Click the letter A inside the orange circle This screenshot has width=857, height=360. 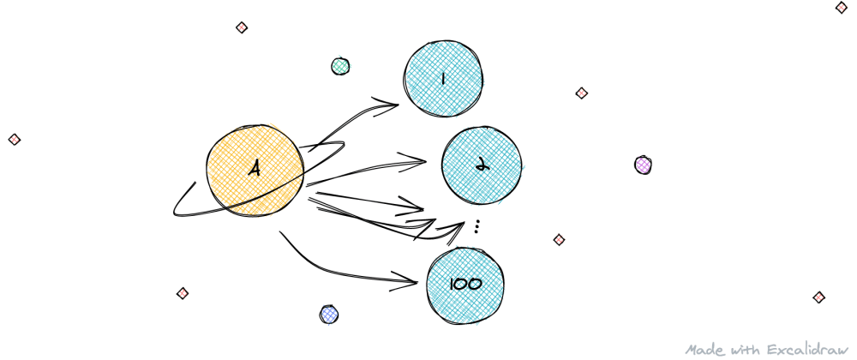tap(255, 169)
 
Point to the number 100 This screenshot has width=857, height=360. tap(464, 284)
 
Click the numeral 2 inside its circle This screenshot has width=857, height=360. tap(482, 165)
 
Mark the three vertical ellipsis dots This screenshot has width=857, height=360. tap(476, 227)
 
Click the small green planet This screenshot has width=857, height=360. tap(340, 66)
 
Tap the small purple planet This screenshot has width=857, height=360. tap(643, 165)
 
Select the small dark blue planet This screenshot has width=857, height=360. tap(328, 315)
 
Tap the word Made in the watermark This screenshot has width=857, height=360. tap(703, 350)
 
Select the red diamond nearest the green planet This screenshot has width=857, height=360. tap(242, 27)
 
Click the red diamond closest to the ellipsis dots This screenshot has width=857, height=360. tap(559, 239)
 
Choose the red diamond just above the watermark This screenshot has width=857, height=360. tap(818, 297)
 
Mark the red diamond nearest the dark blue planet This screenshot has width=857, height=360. tap(182, 293)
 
